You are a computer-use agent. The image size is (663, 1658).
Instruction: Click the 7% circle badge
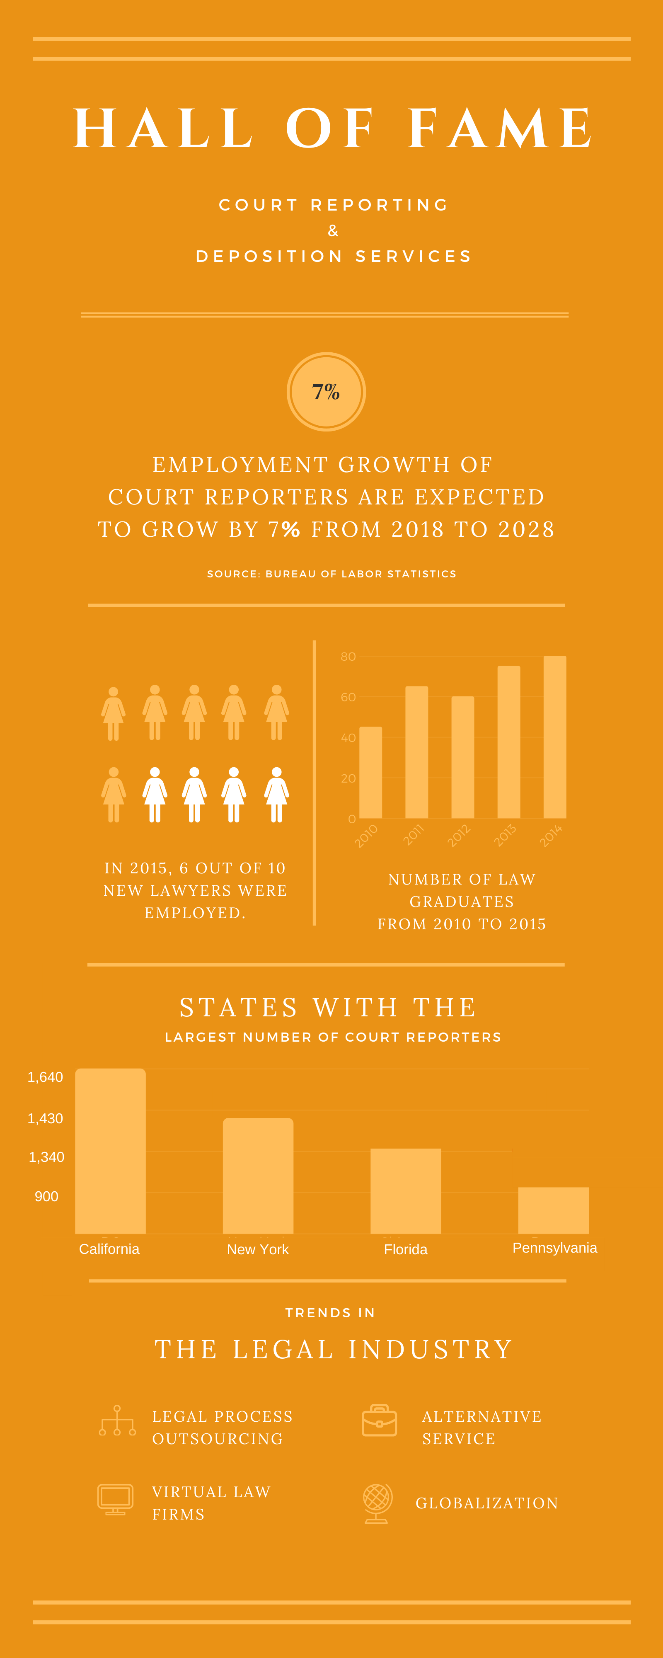click(x=327, y=391)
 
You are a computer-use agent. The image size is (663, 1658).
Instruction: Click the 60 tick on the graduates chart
click(x=348, y=697)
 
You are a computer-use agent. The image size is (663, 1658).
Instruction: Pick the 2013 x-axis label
click(x=505, y=835)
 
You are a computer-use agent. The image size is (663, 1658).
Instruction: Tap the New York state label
click(x=257, y=1249)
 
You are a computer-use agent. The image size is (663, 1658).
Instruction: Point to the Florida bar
click(x=406, y=1191)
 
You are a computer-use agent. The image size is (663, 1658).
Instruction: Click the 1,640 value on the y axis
click(x=45, y=1077)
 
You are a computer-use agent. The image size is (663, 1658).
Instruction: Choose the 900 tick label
click(x=46, y=1197)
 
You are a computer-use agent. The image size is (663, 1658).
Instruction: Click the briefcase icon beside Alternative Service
click(x=379, y=1420)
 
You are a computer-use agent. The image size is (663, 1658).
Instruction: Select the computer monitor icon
click(x=115, y=1499)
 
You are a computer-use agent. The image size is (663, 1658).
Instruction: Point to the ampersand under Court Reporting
click(x=333, y=230)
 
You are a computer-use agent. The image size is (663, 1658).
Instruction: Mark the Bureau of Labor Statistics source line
click(x=331, y=574)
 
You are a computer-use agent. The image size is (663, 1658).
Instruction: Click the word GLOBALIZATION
click(x=486, y=1503)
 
